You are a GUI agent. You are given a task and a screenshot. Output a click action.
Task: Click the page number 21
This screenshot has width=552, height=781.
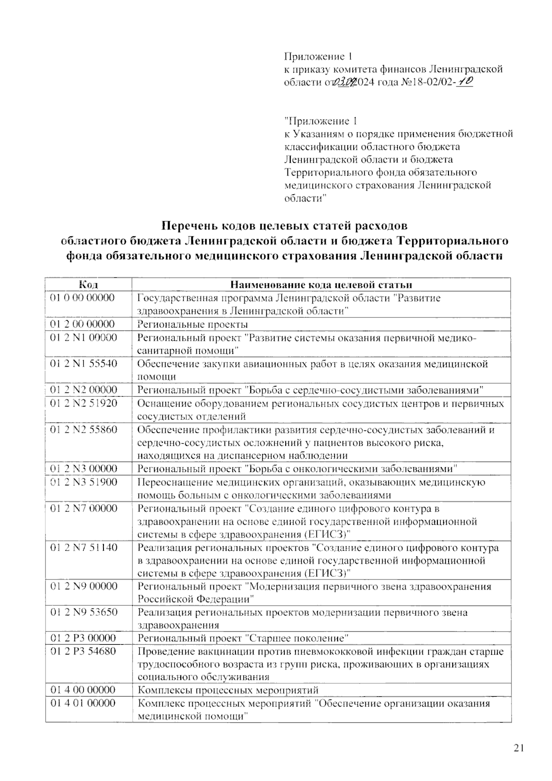point(518,748)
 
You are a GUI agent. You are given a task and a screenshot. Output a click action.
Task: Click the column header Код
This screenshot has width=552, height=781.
point(88,284)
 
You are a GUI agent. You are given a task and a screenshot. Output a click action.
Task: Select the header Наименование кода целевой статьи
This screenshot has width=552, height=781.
point(321,284)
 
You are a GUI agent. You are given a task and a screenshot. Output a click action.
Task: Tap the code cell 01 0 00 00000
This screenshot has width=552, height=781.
point(82,298)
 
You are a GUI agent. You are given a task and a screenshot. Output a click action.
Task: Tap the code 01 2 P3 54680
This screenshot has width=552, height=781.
point(83,652)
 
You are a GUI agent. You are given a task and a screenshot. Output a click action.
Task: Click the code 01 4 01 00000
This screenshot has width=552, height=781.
point(83,703)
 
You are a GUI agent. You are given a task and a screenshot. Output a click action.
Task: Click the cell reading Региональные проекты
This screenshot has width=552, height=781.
point(193,324)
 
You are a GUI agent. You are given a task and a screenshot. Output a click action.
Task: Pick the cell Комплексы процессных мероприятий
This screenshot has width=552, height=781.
point(228,690)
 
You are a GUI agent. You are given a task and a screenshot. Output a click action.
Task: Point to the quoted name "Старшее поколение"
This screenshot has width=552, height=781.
point(296,638)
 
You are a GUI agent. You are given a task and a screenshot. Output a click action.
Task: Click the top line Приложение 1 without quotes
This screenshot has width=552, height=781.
point(318,57)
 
